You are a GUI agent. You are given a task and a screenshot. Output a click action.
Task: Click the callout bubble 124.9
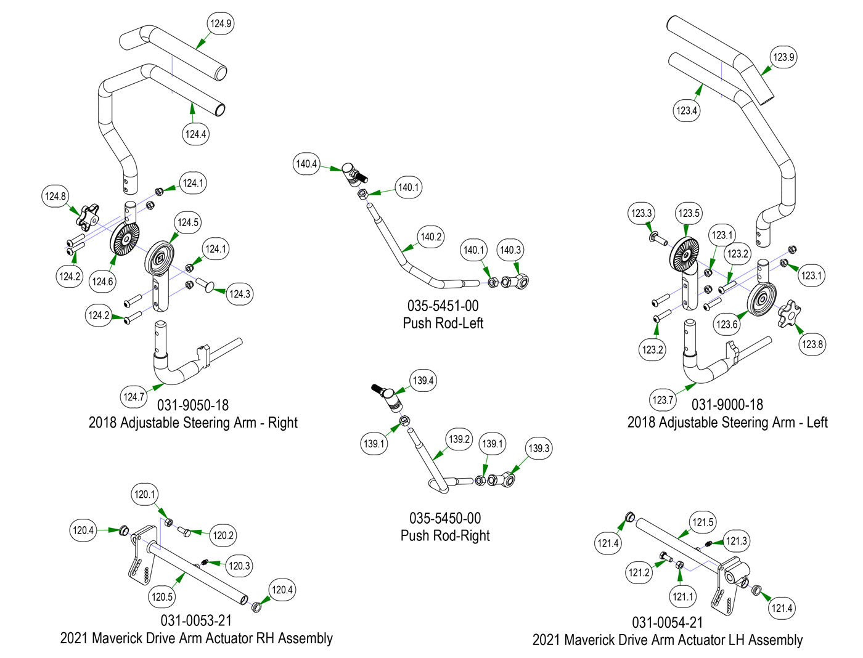tap(220, 24)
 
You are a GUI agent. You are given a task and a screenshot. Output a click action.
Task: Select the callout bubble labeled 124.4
tap(195, 134)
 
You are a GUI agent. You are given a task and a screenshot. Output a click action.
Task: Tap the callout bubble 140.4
tap(306, 164)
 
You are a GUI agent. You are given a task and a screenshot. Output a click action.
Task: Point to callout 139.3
tap(539, 448)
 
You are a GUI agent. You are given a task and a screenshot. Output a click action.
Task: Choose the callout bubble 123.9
tap(783, 57)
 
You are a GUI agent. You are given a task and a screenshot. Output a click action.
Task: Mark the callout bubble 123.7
tap(663, 400)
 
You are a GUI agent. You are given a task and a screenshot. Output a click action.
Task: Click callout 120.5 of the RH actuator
tap(162, 596)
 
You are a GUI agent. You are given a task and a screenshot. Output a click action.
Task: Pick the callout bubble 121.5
tap(703, 522)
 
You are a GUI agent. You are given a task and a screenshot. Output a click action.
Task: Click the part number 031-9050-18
tap(193, 405)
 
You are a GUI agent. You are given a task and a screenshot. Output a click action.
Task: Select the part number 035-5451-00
tap(443, 306)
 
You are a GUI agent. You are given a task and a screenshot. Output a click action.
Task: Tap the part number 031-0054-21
tap(667, 623)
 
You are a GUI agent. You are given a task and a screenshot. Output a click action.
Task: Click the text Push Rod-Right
tap(445, 535)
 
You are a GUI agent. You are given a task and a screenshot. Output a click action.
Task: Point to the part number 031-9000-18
tap(727, 405)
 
